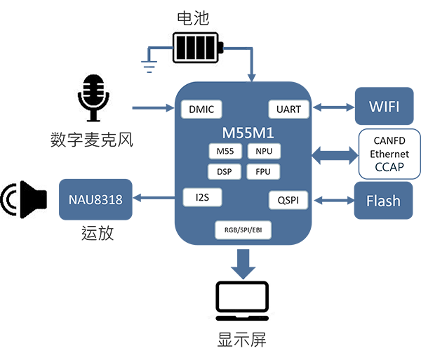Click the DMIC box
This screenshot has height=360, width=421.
pos(201,109)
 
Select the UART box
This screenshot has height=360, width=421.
pos(288,109)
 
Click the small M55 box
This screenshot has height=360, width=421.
pos(225,151)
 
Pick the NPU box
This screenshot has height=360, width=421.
pos(264,151)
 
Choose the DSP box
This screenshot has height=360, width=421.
pos(225,171)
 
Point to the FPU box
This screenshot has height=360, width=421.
pos(264,171)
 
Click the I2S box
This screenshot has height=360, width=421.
pos(202,198)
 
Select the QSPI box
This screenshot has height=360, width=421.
pos(288,201)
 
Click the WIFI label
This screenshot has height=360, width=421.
pos(384,107)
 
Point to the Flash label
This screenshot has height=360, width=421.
pos(383,201)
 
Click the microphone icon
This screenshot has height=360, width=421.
pos(93,96)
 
